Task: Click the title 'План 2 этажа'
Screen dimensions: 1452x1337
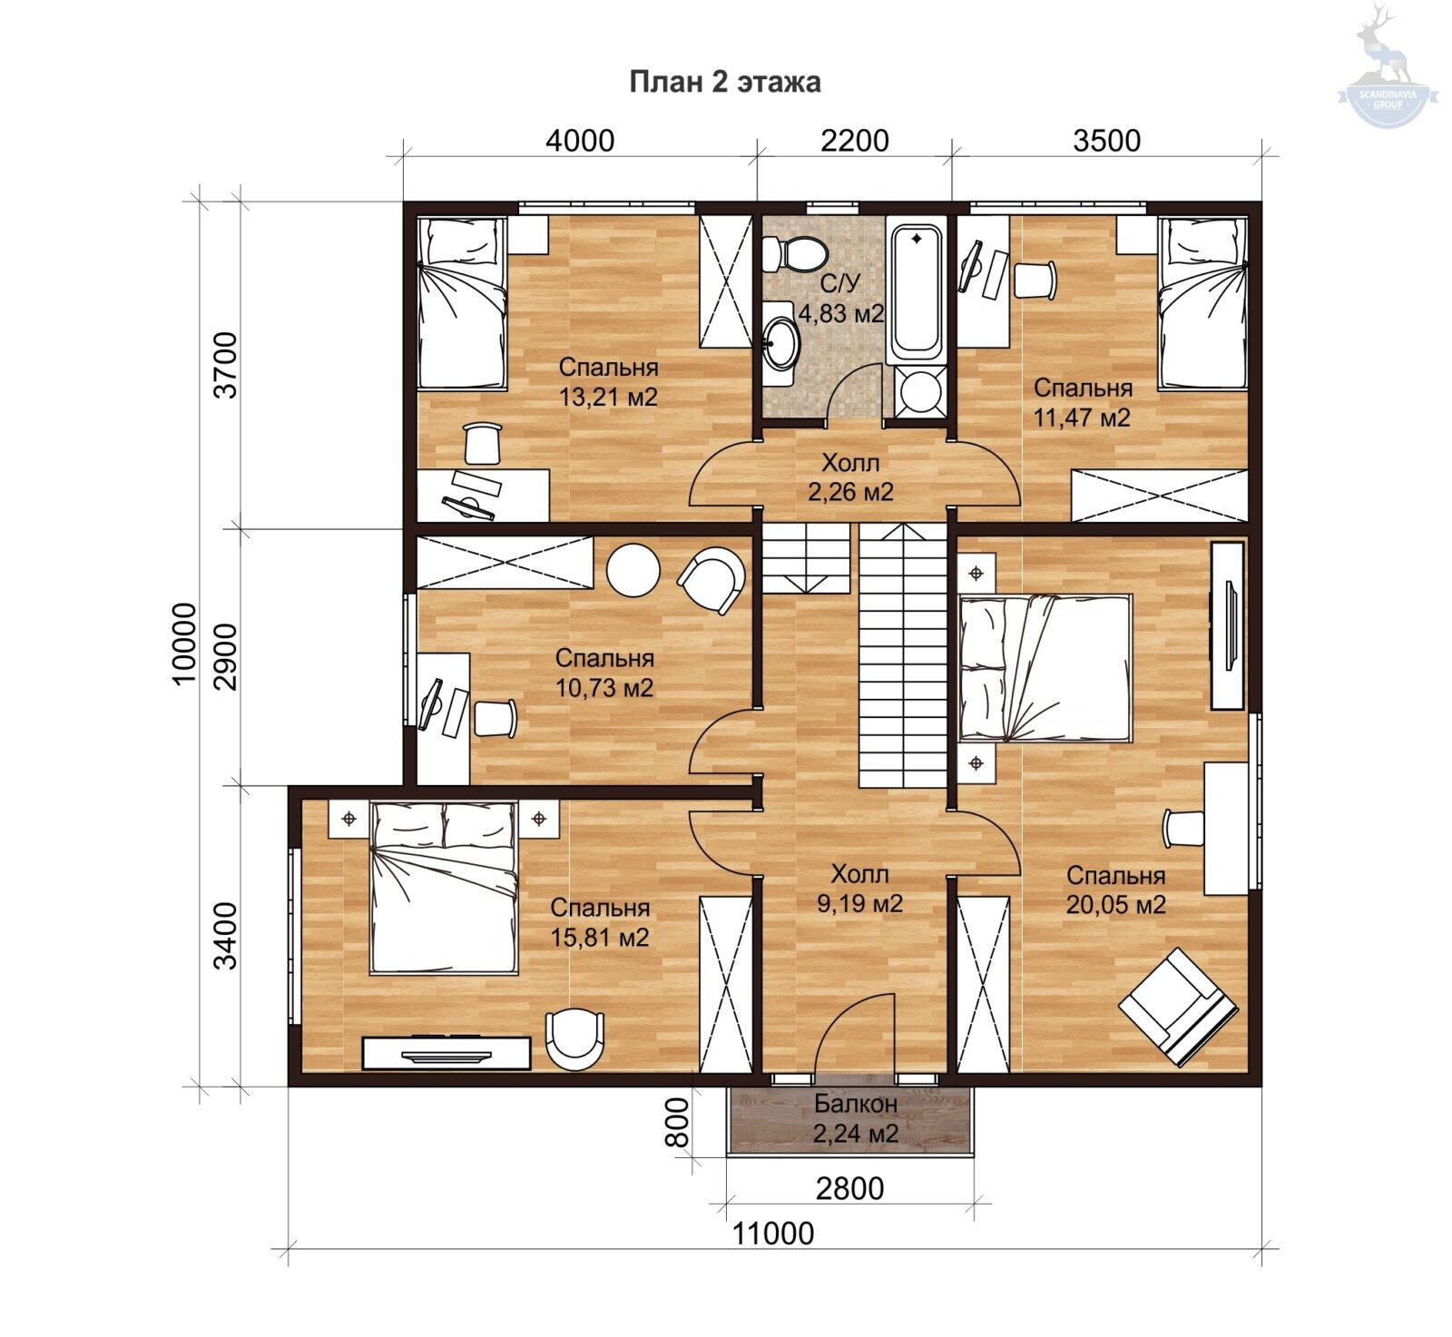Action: tap(725, 82)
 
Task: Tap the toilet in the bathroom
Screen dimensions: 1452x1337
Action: tap(793, 253)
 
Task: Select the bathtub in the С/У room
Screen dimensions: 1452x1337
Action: tap(916, 291)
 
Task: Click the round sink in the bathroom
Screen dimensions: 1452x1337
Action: tap(780, 342)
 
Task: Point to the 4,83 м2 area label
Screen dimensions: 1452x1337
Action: tap(840, 313)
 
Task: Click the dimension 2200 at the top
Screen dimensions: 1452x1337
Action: tap(854, 141)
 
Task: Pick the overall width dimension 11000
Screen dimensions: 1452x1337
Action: tap(773, 1234)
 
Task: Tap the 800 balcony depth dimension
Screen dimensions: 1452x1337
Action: tap(678, 1123)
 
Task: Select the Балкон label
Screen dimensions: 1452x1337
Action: tap(855, 1104)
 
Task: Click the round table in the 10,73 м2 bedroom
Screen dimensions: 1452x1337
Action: tap(633, 570)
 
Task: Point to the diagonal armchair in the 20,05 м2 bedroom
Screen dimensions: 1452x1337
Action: tap(1178, 1006)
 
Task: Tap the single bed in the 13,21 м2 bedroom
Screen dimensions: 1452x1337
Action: tap(462, 304)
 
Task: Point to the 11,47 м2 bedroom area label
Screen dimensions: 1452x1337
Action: tap(1082, 418)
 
